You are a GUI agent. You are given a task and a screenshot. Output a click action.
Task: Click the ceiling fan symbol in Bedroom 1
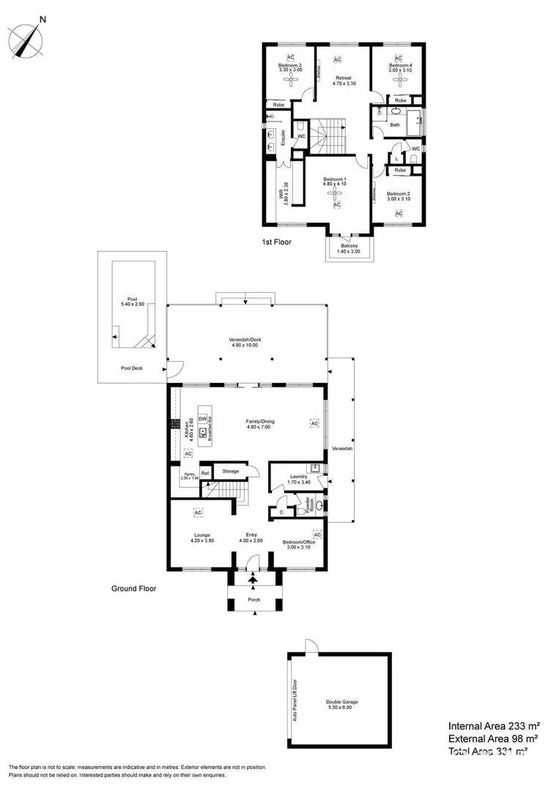[x=336, y=193]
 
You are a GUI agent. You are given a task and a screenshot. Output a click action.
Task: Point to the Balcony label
[x=350, y=248]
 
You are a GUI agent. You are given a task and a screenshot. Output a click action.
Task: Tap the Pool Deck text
[x=132, y=369]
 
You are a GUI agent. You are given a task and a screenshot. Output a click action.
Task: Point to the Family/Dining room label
[x=259, y=423]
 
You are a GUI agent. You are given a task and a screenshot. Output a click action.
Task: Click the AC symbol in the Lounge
[x=198, y=512]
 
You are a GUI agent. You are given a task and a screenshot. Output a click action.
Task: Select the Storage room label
[x=231, y=471]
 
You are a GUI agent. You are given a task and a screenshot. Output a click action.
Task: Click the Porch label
[x=254, y=599]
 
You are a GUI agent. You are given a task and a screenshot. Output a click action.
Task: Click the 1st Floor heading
[x=277, y=240]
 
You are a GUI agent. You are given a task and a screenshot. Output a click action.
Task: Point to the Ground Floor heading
[x=133, y=587]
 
